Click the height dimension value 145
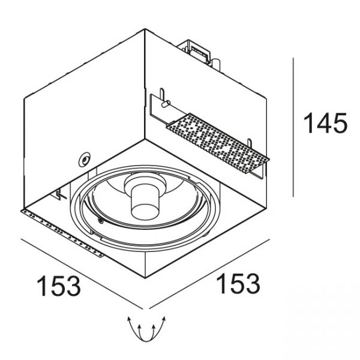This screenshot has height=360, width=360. click(x=325, y=123)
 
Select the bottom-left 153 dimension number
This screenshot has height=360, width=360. click(x=59, y=286)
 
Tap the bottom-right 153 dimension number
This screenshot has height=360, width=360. click(x=238, y=284)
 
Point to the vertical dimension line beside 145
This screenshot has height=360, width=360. click(x=293, y=127)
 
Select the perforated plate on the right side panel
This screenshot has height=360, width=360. click(x=217, y=143)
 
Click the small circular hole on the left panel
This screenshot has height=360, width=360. click(x=85, y=160)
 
